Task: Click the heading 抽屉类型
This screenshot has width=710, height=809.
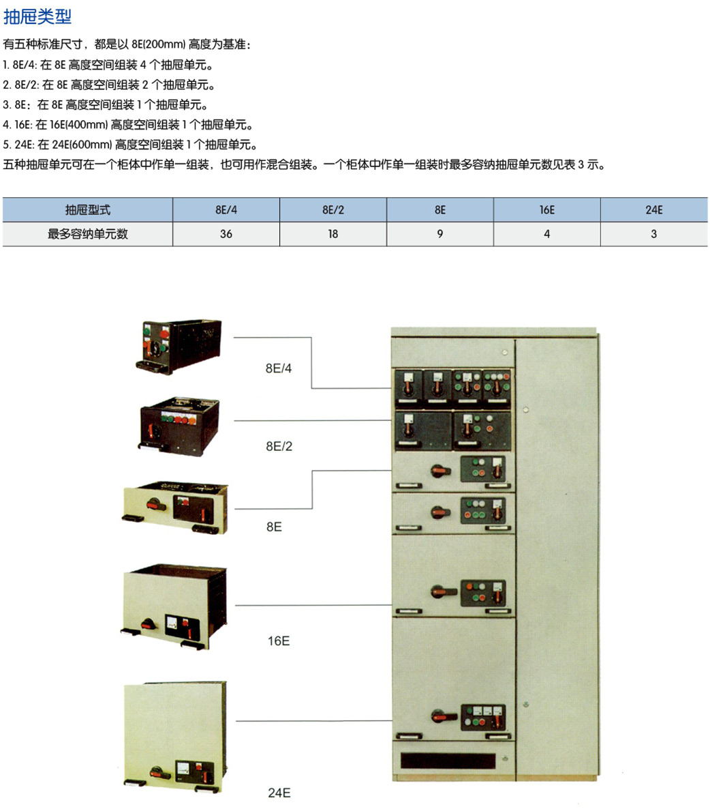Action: coord(37,16)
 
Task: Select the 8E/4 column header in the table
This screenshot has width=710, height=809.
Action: coord(226,210)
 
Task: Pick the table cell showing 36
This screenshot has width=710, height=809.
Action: coord(226,234)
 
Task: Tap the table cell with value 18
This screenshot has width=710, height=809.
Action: coord(333,234)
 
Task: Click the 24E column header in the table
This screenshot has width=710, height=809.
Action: coord(654,210)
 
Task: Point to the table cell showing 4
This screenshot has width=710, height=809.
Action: coord(546,234)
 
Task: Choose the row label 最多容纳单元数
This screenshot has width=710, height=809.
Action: coord(88,234)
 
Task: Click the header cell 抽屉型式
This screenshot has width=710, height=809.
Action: coord(88,210)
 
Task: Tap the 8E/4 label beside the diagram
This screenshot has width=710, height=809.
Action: coord(278,368)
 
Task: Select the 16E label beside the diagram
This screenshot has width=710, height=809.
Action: coord(279,641)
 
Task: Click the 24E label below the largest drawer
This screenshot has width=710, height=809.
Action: coord(279,793)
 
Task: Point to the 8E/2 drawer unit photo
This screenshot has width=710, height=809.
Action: coord(179,426)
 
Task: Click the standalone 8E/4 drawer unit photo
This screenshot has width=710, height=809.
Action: coord(179,347)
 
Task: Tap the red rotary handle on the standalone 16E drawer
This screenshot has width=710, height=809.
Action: coord(149,623)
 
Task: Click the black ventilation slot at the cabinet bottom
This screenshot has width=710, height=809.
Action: coord(448,760)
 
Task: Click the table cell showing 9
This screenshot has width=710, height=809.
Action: coord(440,234)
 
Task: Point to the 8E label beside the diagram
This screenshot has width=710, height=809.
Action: coord(274,527)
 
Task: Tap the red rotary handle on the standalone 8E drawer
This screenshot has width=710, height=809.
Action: coord(155,504)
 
